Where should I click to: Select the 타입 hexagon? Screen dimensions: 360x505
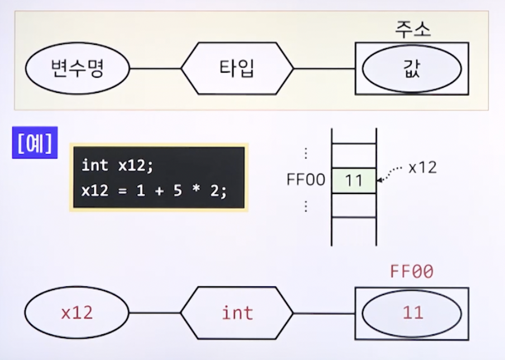coord(237,68)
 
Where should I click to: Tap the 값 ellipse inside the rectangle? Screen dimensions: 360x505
coord(412,69)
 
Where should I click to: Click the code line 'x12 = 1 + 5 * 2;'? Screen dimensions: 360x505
coord(154,191)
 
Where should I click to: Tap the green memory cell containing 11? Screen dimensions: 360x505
coord(354,181)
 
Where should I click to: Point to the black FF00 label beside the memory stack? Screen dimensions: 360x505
coord(306,181)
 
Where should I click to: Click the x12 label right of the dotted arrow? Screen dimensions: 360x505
coord(422,168)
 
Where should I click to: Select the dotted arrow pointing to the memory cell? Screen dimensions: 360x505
coord(391,173)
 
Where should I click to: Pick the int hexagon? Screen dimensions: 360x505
coord(237,312)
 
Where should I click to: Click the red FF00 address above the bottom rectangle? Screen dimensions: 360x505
coord(412,272)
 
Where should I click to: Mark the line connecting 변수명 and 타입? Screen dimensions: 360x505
coord(155,69)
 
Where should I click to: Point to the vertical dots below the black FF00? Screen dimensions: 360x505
coord(306,207)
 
